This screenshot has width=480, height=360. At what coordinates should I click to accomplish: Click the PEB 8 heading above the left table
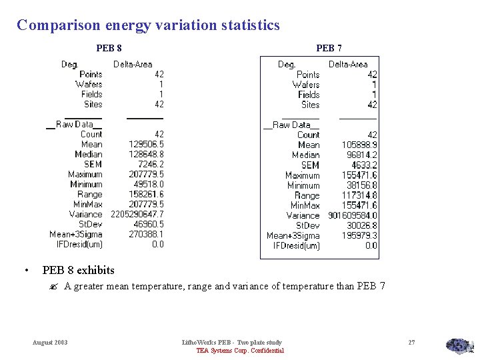(x=109, y=48)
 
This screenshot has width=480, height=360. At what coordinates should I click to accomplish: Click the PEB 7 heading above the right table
(x=329, y=48)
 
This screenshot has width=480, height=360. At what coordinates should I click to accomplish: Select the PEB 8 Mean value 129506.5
(x=146, y=144)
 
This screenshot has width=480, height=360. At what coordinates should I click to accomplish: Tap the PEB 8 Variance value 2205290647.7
(x=137, y=214)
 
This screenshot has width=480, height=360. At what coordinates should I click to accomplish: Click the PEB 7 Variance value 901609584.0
(x=353, y=215)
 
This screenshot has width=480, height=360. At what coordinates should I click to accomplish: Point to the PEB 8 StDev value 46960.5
(x=149, y=224)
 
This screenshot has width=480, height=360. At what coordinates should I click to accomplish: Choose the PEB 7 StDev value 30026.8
(x=362, y=225)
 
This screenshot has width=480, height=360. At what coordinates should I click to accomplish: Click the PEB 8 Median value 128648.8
(x=146, y=154)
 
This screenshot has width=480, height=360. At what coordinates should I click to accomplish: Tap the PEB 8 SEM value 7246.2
(x=151, y=164)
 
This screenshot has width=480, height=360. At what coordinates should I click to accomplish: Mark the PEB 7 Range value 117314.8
(x=360, y=195)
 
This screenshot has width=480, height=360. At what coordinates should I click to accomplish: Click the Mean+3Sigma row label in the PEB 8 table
(x=75, y=234)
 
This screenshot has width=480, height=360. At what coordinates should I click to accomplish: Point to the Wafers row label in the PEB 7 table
(x=305, y=85)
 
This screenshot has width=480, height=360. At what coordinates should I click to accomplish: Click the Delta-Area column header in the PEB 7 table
(x=348, y=64)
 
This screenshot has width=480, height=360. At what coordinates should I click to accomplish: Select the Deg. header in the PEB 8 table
(x=70, y=64)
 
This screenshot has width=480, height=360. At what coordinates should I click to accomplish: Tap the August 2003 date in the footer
(x=50, y=343)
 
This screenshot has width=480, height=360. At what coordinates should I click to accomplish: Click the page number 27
(x=411, y=343)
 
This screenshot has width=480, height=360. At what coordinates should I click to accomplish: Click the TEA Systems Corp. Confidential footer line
(x=239, y=351)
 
